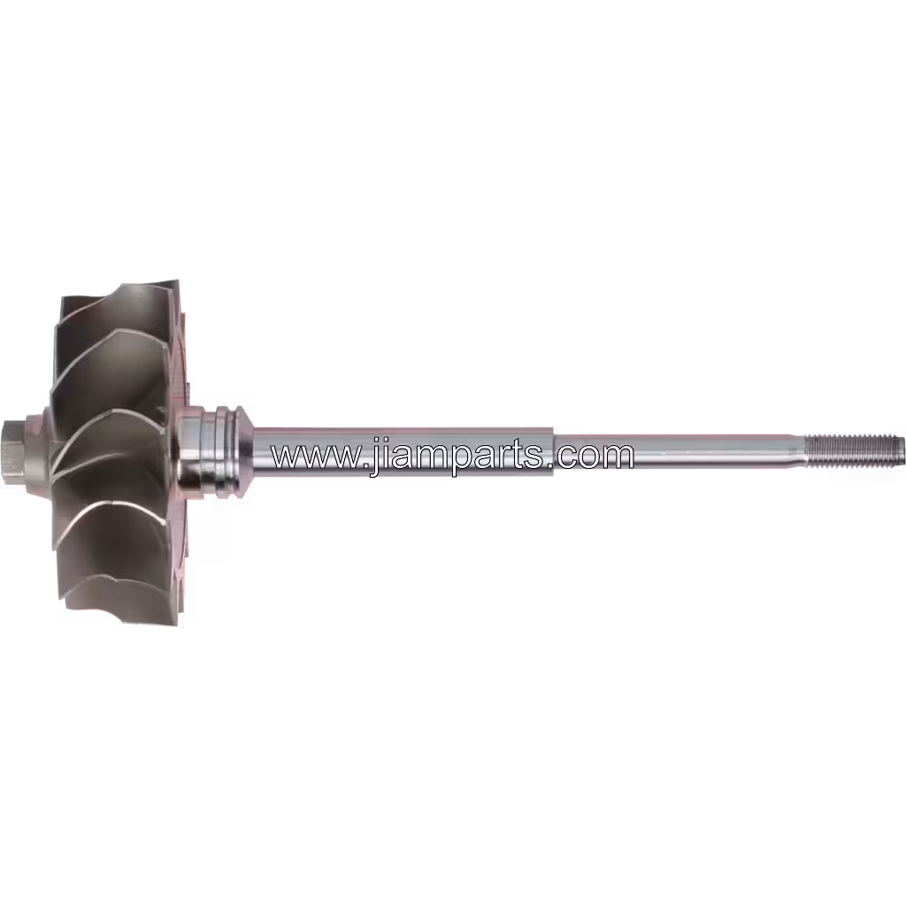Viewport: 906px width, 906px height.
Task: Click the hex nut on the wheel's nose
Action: coord(12,452)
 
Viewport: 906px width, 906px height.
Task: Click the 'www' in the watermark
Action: coord(314,457)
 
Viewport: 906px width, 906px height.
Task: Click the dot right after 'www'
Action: coord(363,465)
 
